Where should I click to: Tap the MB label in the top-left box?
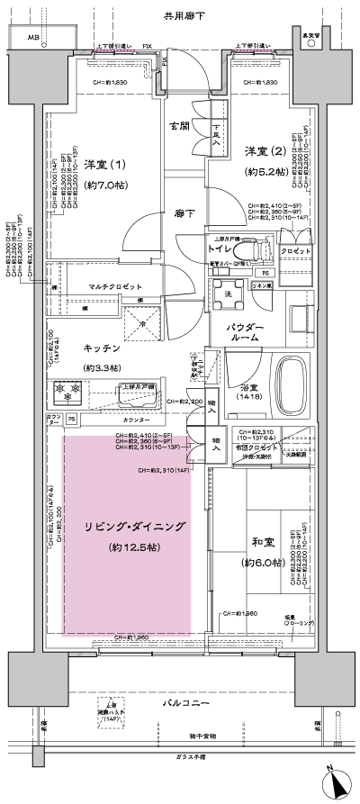tap(33, 38)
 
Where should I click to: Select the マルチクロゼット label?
tap(114, 286)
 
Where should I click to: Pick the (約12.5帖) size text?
tap(126, 547)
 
